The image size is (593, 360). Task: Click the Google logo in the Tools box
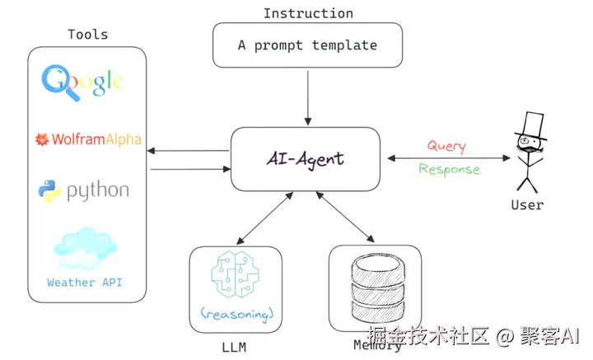(x=83, y=80)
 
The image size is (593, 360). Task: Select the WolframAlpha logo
(x=87, y=139)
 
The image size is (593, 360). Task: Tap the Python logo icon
(x=49, y=191)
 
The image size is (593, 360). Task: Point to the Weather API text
(x=85, y=283)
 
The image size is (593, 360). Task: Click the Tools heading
(x=87, y=35)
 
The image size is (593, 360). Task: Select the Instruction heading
(x=308, y=13)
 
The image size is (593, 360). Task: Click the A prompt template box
(x=307, y=45)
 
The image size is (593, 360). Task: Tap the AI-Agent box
(x=305, y=158)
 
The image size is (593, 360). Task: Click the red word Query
(x=446, y=147)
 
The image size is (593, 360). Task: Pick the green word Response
(x=449, y=169)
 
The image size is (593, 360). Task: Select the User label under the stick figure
(x=527, y=204)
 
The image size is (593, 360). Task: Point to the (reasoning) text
(x=236, y=314)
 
